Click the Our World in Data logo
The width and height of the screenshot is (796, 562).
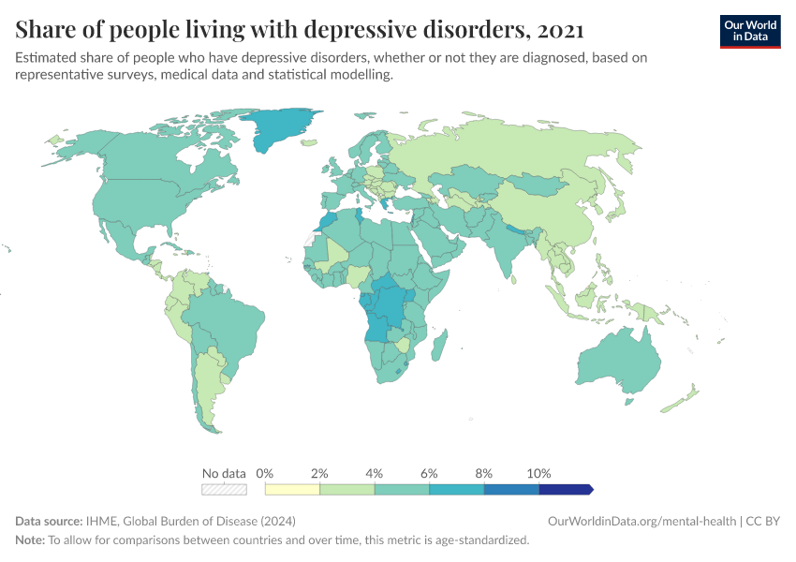coord(749,31)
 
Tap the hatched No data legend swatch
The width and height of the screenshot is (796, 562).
coord(224,489)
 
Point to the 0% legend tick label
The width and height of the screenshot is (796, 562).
coord(264,473)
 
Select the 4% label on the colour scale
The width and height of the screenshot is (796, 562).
coord(374,473)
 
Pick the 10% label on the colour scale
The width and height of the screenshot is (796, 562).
coord(539,473)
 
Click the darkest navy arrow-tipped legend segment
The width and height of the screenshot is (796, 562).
coord(565,489)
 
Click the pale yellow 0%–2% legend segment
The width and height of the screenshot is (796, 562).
coord(292,489)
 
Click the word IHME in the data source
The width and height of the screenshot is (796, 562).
coord(100,521)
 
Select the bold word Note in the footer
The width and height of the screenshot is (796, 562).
coord(31,540)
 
